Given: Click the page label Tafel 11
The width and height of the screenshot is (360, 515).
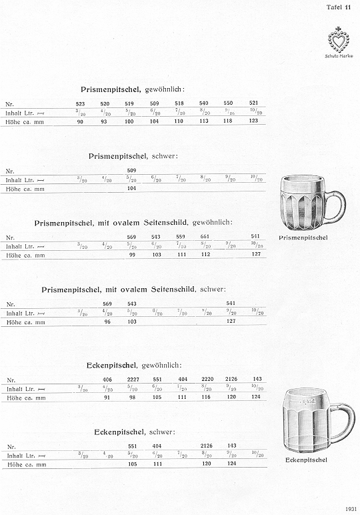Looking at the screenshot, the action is pyautogui.click(x=339, y=7).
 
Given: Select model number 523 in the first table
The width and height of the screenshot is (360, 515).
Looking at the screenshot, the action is pyautogui.click(x=81, y=104).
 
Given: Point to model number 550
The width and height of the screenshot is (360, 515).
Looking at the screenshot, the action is pyautogui.click(x=228, y=104).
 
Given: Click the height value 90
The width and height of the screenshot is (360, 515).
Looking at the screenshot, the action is pyautogui.click(x=81, y=121).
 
